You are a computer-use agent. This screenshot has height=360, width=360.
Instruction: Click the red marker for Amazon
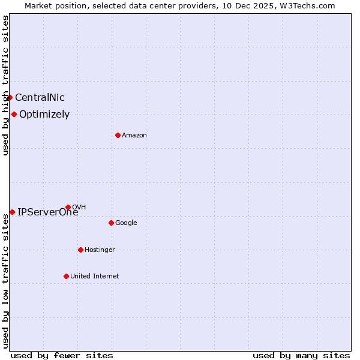(x=118, y=135)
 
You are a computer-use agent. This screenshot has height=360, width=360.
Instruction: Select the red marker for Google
(x=111, y=223)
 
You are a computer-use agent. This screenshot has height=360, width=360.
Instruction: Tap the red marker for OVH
(x=68, y=207)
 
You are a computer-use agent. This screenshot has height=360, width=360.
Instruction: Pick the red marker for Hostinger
(x=80, y=250)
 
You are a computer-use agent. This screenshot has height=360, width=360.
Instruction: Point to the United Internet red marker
(x=66, y=276)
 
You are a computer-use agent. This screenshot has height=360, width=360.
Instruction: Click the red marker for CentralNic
(x=10, y=97)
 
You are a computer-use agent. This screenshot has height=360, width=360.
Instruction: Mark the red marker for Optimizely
(x=14, y=114)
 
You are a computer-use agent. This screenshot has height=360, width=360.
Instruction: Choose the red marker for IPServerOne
(x=12, y=212)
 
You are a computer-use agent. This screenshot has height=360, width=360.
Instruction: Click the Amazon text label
(x=134, y=136)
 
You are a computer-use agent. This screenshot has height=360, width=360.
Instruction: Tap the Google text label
(x=126, y=223)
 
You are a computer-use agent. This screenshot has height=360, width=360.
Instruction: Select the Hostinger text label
(x=100, y=250)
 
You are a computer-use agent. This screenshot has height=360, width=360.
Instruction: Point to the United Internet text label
(x=95, y=277)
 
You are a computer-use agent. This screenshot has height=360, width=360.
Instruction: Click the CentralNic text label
(x=40, y=98)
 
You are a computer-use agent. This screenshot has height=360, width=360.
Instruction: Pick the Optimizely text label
(x=44, y=115)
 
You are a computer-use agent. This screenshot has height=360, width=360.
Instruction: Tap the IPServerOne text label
(x=47, y=212)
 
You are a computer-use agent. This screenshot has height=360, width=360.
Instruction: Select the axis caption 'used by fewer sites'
(x=62, y=355)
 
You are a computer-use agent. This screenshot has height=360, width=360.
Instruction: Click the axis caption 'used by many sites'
(x=301, y=355)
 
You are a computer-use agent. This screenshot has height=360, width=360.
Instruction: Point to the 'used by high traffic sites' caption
(x=5, y=85)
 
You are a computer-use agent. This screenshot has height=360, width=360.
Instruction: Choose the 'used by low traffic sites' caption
(x=5, y=280)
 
